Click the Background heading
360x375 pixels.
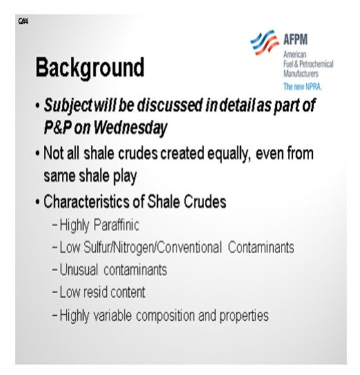90,68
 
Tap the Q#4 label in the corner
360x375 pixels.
23,21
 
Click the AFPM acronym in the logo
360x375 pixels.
296,39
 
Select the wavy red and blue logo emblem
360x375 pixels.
265,43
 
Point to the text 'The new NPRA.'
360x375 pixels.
303,86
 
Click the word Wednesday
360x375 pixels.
130,128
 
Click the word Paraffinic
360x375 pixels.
116,225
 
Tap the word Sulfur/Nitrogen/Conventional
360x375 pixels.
153,247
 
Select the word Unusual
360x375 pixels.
79,269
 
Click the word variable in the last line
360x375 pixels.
112,315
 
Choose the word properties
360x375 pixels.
244,316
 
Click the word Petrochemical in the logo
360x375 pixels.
316,64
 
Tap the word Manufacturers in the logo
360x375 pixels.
301,73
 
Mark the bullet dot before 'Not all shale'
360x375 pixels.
37,153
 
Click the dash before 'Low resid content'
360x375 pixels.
55,293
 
